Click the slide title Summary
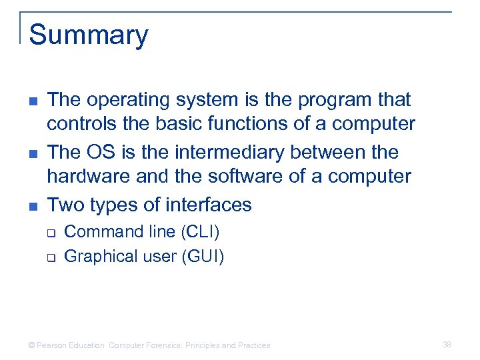[89, 35]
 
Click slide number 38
[447, 345]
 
